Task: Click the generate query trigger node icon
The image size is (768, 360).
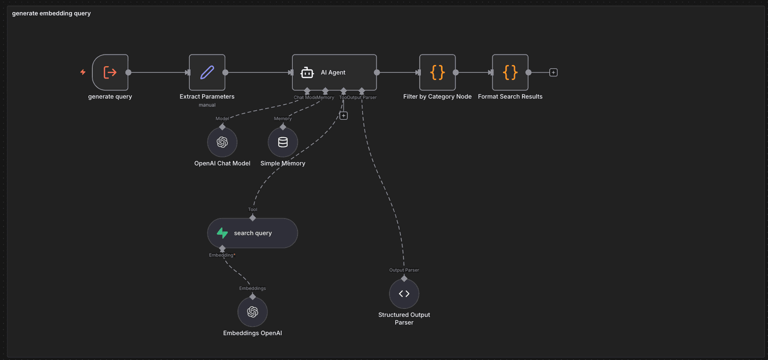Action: [x=110, y=72]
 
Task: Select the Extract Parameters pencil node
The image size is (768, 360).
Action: [x=207, y=72]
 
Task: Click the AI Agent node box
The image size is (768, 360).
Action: [x=334, y=72]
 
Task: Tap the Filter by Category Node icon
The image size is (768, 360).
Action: [x=437, y=72]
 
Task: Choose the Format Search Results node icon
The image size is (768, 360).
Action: [x=510, y=72]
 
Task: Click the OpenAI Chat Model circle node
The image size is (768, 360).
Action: [x=222, y=142]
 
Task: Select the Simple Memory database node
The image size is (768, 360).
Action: [x=283, y=142]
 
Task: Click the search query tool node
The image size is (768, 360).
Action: [x=252, y=233]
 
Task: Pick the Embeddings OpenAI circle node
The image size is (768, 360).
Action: [x=252, y=312]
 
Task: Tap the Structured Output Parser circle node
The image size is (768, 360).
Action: [x=404, y=294]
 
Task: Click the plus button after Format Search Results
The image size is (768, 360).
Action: [x=553, y=72]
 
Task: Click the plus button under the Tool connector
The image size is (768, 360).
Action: [x=343, y=115]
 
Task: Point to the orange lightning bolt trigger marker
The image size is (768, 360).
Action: [x=83, y=72]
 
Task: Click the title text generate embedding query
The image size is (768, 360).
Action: [x=51, y=13]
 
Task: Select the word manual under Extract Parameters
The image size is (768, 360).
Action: [x=207, y=105]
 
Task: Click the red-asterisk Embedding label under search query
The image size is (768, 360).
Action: [x=222, y=255]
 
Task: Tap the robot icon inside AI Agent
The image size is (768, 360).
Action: [x=307, y=72]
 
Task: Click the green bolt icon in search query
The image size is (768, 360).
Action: [x=222, y=233]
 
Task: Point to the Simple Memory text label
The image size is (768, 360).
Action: [x=283, y=163]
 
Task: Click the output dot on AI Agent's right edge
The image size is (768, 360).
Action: [x=377, y=72]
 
